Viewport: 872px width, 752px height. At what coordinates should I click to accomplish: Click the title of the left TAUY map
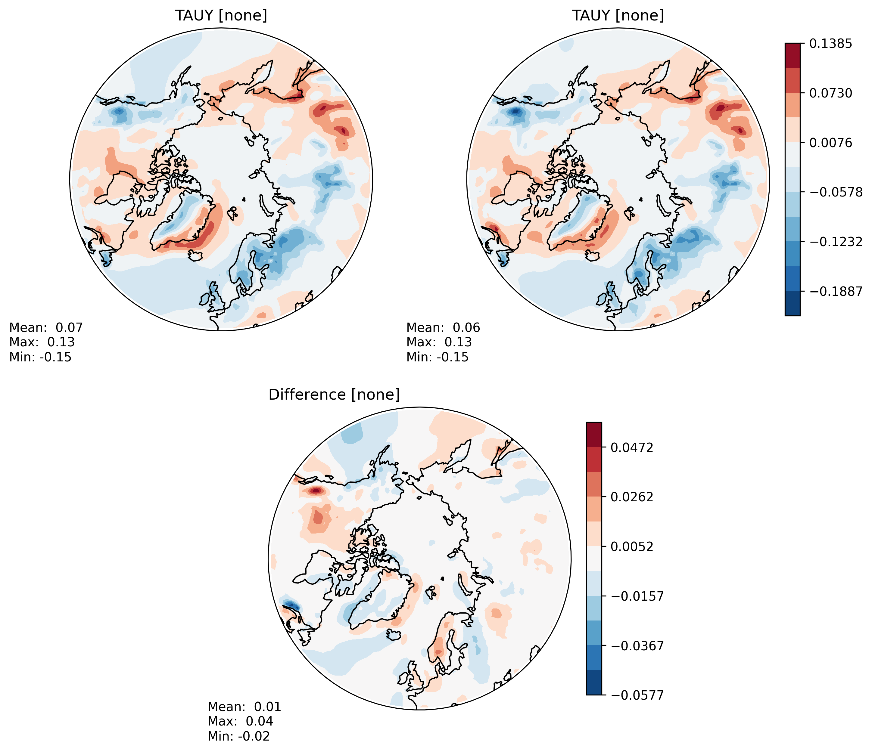(x=221, y=16)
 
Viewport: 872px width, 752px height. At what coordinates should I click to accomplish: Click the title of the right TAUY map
(x=618, y=16)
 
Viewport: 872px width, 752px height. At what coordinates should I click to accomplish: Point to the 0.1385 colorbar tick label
(x=831, y=43)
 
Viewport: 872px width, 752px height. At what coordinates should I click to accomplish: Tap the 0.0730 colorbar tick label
(x=831, y=93)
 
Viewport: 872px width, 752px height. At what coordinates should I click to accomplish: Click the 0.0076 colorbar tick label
(x=831, y=143)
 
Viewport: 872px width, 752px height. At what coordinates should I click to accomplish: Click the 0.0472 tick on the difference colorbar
(x=632, y=447)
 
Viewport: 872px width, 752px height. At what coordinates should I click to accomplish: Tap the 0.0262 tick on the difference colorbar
(x=632, y=497)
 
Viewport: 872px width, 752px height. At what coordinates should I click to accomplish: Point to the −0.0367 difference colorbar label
(x=637, y=645)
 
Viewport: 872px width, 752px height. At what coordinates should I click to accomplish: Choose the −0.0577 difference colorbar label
(x=637, y=695)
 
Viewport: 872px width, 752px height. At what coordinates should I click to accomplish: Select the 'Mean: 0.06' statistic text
(x=443, y=328)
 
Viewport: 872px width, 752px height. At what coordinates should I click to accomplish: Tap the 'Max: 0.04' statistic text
(x=240, y=721)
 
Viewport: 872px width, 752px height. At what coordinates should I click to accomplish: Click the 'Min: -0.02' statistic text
(x=238, y=736)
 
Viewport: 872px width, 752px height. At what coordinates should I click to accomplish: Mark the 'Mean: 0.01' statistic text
(x=244, y=707)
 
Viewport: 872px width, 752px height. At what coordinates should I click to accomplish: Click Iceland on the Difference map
(x=394, y=634)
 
